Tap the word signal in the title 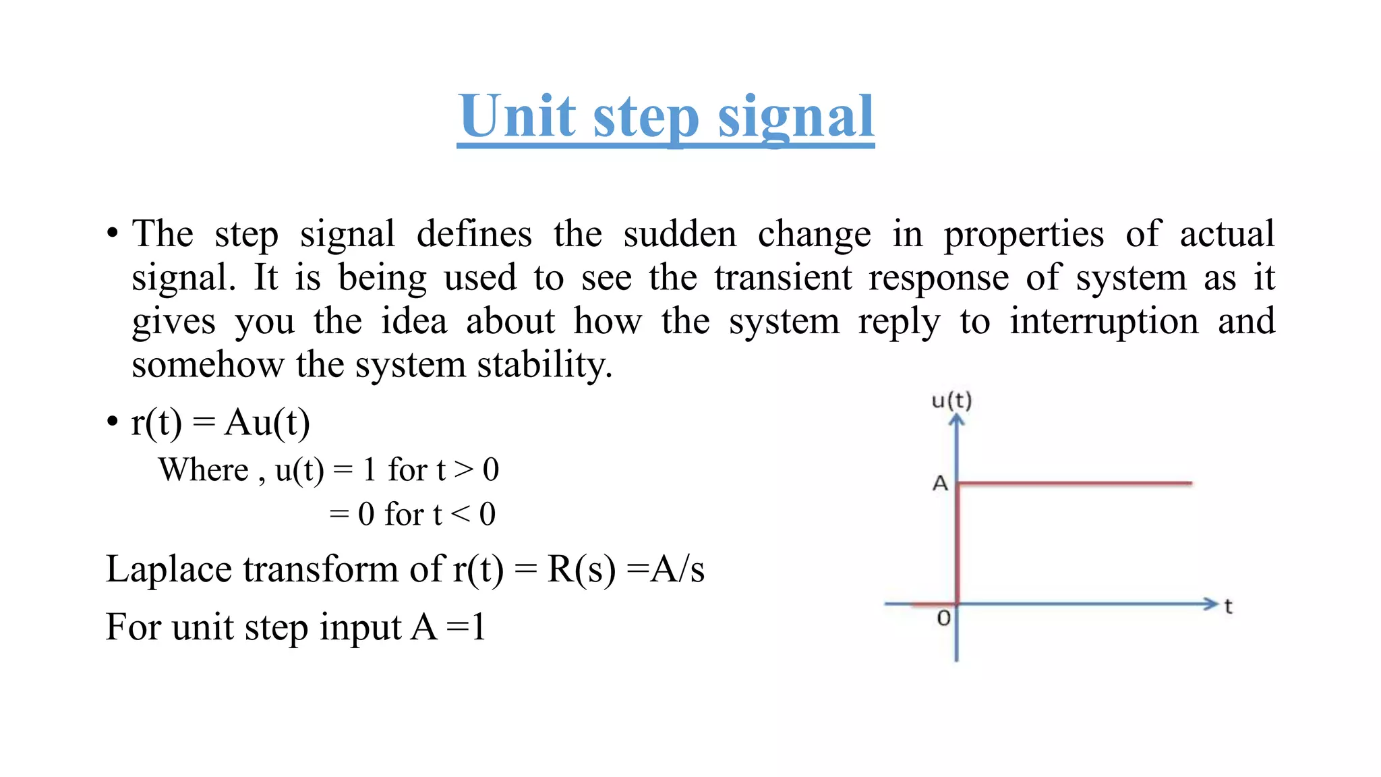796,117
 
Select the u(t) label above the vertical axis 951,401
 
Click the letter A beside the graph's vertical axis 940,483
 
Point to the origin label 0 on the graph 943,617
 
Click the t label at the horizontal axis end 1228,606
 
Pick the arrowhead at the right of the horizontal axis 1211,604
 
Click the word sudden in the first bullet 679,234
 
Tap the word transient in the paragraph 783,278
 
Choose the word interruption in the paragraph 1104,321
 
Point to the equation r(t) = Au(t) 221,423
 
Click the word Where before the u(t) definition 204,469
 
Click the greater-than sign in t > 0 463,469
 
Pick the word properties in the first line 1024,235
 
